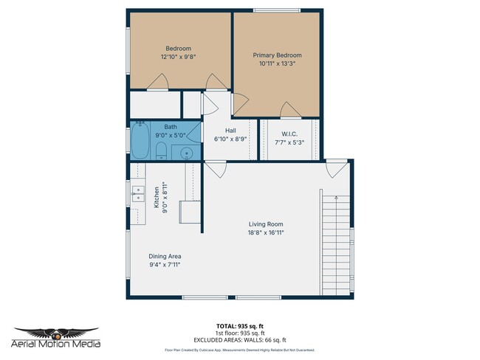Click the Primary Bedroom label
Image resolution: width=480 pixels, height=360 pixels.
point(277,55)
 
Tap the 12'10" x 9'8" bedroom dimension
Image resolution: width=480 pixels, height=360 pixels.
point(178,57)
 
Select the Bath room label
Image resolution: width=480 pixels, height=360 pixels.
point(171,127)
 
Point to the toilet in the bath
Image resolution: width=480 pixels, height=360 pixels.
point(161,152)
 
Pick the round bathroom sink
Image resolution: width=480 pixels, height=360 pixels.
point(188,153)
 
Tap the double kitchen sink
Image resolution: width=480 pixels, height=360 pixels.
point(137,193)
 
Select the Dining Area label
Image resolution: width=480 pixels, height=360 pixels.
point(165,256)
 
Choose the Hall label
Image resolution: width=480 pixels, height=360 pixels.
point(230,131)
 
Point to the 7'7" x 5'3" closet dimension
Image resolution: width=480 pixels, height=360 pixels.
point(289,142)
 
